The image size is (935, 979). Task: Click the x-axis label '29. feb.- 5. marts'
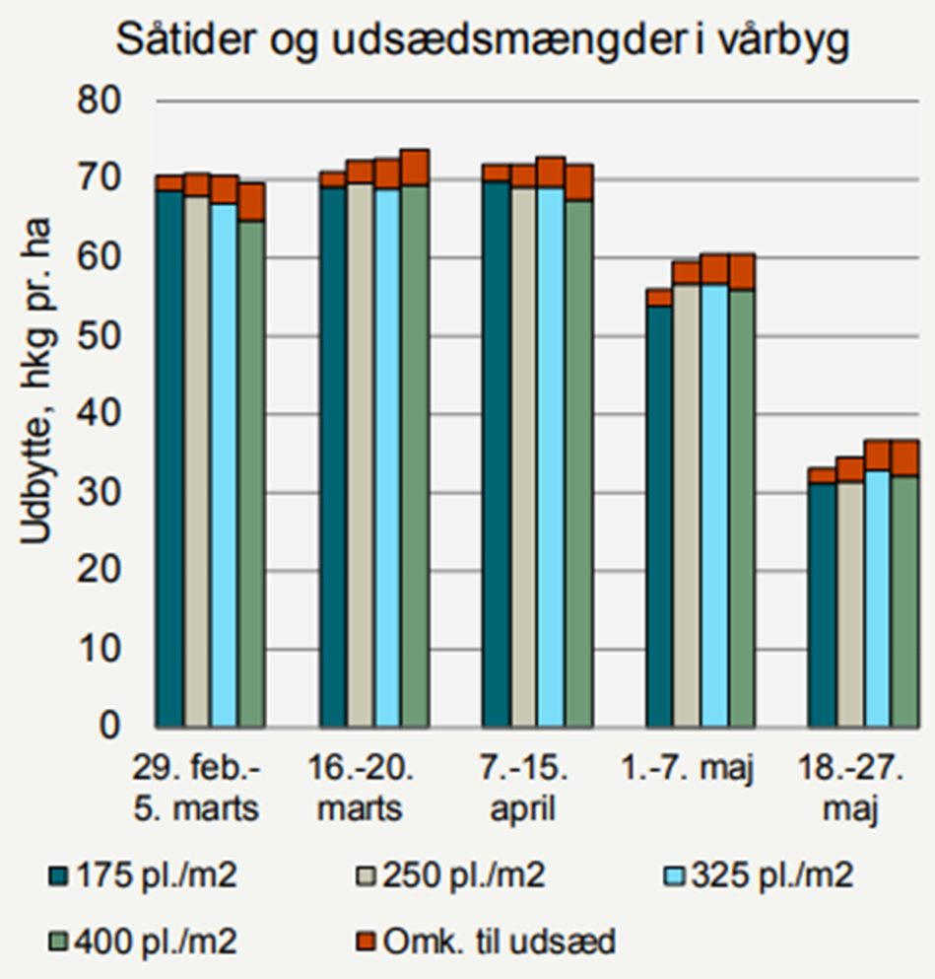pos(196,788)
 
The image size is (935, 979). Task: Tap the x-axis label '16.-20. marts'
pos(360,788)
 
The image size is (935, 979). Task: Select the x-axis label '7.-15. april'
pos(522,788)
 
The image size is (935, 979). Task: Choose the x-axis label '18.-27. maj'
pos(848,788)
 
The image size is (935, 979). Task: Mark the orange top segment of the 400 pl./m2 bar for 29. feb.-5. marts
pos(252,202)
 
